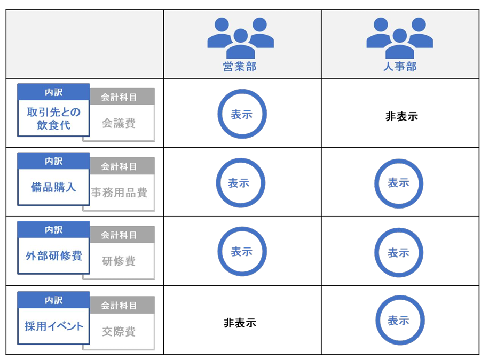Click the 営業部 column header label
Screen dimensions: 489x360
(x=240, y=67)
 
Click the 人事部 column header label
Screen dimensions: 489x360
(x=400, y=66)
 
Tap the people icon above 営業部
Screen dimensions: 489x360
(x=240, y=38)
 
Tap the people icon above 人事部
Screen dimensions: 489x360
(x=399, y=38)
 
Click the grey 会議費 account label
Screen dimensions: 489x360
(x=119, y=123)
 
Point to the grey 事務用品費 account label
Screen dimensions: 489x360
(x=119, y=193)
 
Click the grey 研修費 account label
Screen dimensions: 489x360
(x=119, y=261)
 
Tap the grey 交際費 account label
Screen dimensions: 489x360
(x=119, y=331)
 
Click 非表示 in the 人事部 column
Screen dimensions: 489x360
(x=401, y=117)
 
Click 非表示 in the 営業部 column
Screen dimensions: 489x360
(x=240, y=323)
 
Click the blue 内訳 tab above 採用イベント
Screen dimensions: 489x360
(x=53, y=300)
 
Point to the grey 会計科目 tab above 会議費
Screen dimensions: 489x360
(x=119, y=97)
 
